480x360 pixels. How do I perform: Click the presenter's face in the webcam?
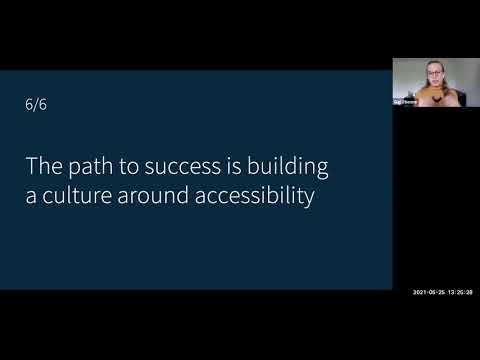point(434,74)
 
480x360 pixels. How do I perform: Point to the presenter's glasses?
point(434,72)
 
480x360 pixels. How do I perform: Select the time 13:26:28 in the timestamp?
point(460,292)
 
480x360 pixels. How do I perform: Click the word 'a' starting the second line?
point(32,197)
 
